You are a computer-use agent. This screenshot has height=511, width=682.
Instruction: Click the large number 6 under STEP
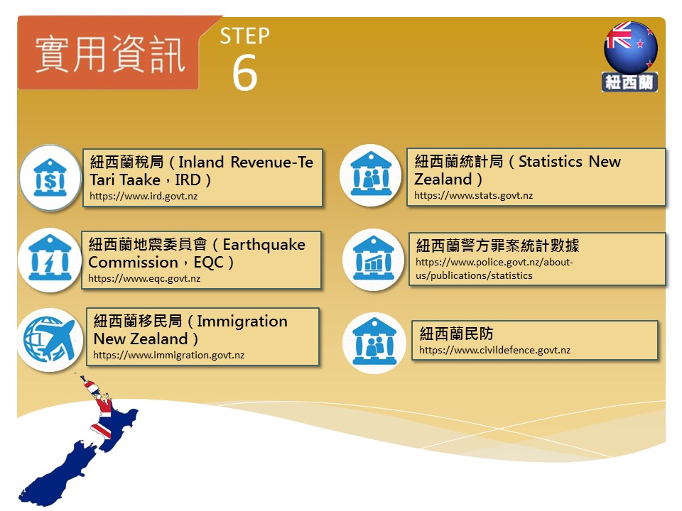point(245,72)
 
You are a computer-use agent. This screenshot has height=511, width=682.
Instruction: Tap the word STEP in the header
point(245,36)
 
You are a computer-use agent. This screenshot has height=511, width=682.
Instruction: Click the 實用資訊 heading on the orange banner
point(111,55)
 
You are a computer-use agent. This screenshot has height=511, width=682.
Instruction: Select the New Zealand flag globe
point(631,47)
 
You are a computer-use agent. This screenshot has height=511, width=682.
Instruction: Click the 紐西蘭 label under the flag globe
point(630,82)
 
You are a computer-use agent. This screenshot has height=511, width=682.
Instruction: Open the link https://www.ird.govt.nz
point(144,196)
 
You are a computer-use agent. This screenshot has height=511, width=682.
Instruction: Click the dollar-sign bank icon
point(50,177)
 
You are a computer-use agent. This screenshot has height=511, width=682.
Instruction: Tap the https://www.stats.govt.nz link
point(473,196)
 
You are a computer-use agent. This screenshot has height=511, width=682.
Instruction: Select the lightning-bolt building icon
point(50,260)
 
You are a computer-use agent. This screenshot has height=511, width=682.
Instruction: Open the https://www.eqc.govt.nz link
point(144,278)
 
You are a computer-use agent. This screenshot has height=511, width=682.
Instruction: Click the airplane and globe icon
point(50,340)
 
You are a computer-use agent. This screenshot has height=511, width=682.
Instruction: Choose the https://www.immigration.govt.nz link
point(169,355)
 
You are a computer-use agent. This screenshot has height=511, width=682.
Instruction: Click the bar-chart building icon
point(374,260)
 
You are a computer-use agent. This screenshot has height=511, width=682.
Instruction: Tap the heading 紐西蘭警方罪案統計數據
point(497,246)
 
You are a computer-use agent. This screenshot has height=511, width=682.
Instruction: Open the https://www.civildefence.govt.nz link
point(494,350)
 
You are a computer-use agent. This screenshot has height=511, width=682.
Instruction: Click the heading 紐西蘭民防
point(456,334)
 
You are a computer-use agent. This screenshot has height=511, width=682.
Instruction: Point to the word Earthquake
point(264,245)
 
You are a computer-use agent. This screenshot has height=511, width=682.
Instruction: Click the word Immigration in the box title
point(242,322)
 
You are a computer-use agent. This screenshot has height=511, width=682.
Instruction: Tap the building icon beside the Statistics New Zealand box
point(371,175)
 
